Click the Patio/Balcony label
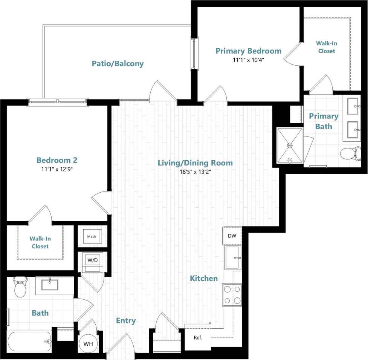pyautogui.click(x=118, y=63)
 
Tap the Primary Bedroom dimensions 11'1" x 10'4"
pyautogui.click(x=248, y=60)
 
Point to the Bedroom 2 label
pyautogui.click(x=57, y=160)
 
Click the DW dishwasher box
pyautogui.click(x=232, y=236)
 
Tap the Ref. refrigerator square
pyautogui.click(x=198, y=337)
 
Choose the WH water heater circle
pyautogui.click(x=88, y=344)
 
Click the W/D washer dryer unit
pyautogui.click(x=92, y=260)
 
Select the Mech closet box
pyautogui.click(x=92, y=237)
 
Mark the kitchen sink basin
pyautogui.click(x=232, y=257)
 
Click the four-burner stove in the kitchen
pyautogui.click(x=232, y=295)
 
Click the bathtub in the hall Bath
pyautogui.click(x=29, y=342)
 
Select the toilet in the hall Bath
pyautogui.click(x=20, y=287)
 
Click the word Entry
pyautogui.click(x=125, y=321)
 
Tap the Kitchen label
pyautogui.click(x=203, y=279)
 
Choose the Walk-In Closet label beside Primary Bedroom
pyautogui.click(x=326, y=47)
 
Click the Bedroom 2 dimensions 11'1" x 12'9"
pyautogui.click(x=57, y=169)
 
